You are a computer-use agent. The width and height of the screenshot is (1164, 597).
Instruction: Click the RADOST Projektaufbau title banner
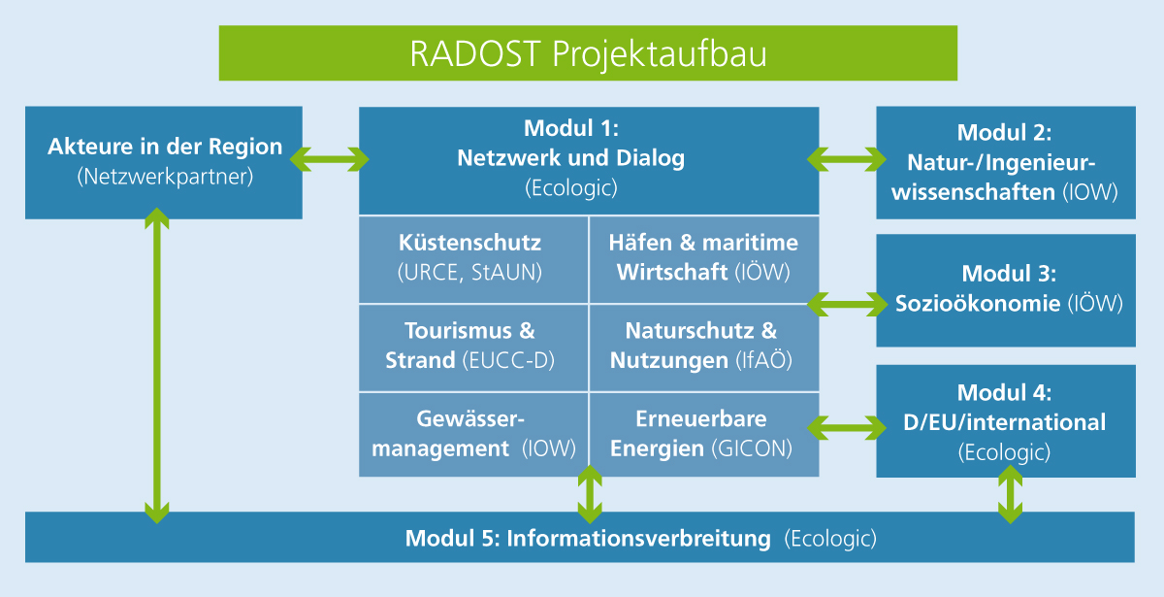click(x=588, y=53)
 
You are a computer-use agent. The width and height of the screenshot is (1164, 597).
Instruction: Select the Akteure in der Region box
click(x=164, y=162)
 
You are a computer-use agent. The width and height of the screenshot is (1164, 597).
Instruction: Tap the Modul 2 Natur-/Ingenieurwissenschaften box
click(x=1006, y=162)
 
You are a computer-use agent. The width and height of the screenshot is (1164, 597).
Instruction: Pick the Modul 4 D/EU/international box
click(x=1006, y=421)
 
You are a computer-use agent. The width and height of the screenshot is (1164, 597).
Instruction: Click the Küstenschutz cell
click(x=472, y=258)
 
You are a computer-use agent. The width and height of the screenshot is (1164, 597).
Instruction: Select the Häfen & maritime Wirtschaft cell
click(x=703, y=258)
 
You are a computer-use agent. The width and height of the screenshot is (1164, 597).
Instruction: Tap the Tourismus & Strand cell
click(x=472, y=347)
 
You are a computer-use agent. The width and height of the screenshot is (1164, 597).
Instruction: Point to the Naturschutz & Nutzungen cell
click(x=703, y=347)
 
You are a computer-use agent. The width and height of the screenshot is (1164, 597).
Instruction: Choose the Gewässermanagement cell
click(x=472, y=434)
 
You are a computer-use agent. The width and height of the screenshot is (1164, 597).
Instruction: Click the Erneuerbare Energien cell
click(x=703, y=434)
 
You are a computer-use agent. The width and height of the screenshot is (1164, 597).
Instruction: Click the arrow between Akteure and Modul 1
click(x=331, y=156)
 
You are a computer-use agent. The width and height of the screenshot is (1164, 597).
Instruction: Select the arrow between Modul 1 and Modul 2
click(x=848, y=156)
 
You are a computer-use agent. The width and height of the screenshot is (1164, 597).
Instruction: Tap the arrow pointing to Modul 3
click(x=848, y=303)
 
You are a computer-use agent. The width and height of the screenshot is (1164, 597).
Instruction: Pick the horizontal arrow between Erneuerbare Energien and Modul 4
click(x=848, y=425)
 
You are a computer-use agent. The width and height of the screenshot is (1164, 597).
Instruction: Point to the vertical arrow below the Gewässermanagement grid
click(x=589, y=495)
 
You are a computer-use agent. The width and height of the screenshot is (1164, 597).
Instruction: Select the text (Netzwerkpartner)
click(x=164, y=178)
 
